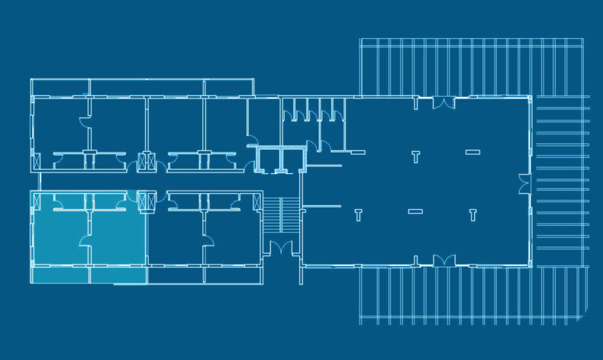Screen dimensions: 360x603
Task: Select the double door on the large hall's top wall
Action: [443, 102]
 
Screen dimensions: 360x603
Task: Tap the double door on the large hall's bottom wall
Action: [443, 260]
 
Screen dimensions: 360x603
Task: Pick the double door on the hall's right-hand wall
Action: [524, 184]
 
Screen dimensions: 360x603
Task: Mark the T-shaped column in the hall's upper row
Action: [415, 158]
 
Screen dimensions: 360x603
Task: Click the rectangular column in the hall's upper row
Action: [472, 153]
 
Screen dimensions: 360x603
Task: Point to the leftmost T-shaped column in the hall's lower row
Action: [359, 215]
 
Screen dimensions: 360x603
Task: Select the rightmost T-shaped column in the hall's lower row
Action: [472, 214]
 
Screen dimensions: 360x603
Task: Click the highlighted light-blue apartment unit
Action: [88, 236]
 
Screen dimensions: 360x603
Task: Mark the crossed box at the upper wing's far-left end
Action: [36, 162]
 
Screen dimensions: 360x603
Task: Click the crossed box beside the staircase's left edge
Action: [255, 202]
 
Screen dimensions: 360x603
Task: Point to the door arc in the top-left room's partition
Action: [85, 121]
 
